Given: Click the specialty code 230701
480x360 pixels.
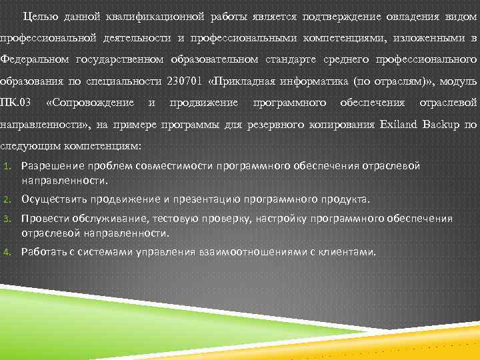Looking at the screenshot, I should pos(188,81).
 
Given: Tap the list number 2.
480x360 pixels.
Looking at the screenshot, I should pos(5,199).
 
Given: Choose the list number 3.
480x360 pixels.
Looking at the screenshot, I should pos(5,219).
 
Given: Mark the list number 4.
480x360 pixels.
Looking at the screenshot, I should pos(5,252).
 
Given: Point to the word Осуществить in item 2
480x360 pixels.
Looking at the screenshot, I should pos(53,199).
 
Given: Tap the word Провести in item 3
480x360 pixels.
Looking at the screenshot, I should pos(43,218).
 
